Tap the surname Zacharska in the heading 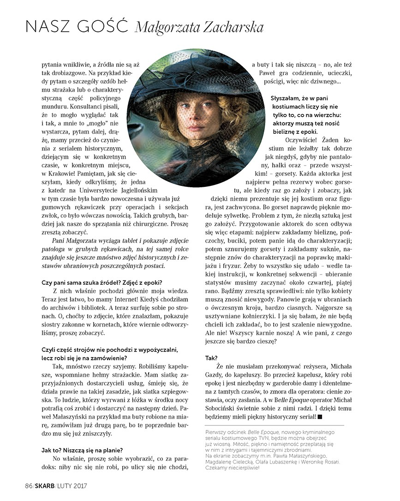point(231,28)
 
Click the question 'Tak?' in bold point(212,357)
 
